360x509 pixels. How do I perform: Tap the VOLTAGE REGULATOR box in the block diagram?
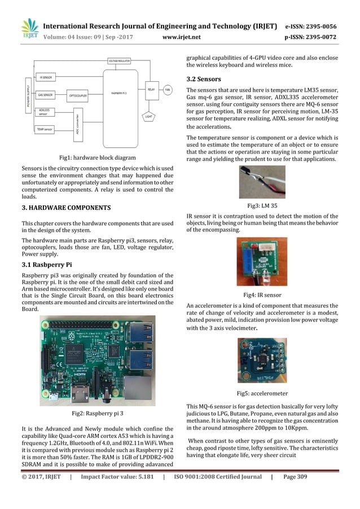(x=121, y=60)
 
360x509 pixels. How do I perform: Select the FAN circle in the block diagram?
(x=168, y=90)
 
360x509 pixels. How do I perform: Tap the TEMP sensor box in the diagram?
(x=45, y=129)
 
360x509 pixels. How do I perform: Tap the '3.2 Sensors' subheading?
(x=203, y=78)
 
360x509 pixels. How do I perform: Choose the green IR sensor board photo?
(x=262, y=262)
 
